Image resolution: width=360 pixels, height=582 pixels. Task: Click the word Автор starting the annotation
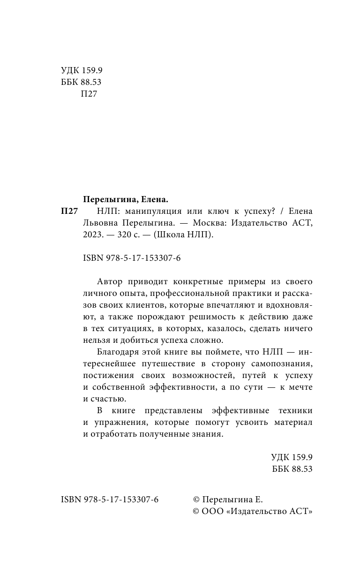(x=110, y=281)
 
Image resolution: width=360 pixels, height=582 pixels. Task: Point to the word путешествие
(x=159, y=364)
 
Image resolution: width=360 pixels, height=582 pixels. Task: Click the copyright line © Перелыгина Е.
(x=228, y=499)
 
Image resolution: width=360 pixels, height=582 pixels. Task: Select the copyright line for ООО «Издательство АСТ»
(x=253, y=511)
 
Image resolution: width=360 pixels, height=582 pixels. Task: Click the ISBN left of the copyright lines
(x=110, y=499)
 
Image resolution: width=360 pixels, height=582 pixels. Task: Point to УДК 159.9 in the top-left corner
(x=82, y=71)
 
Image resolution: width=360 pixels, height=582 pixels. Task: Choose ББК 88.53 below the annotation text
(x=292, y=469)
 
